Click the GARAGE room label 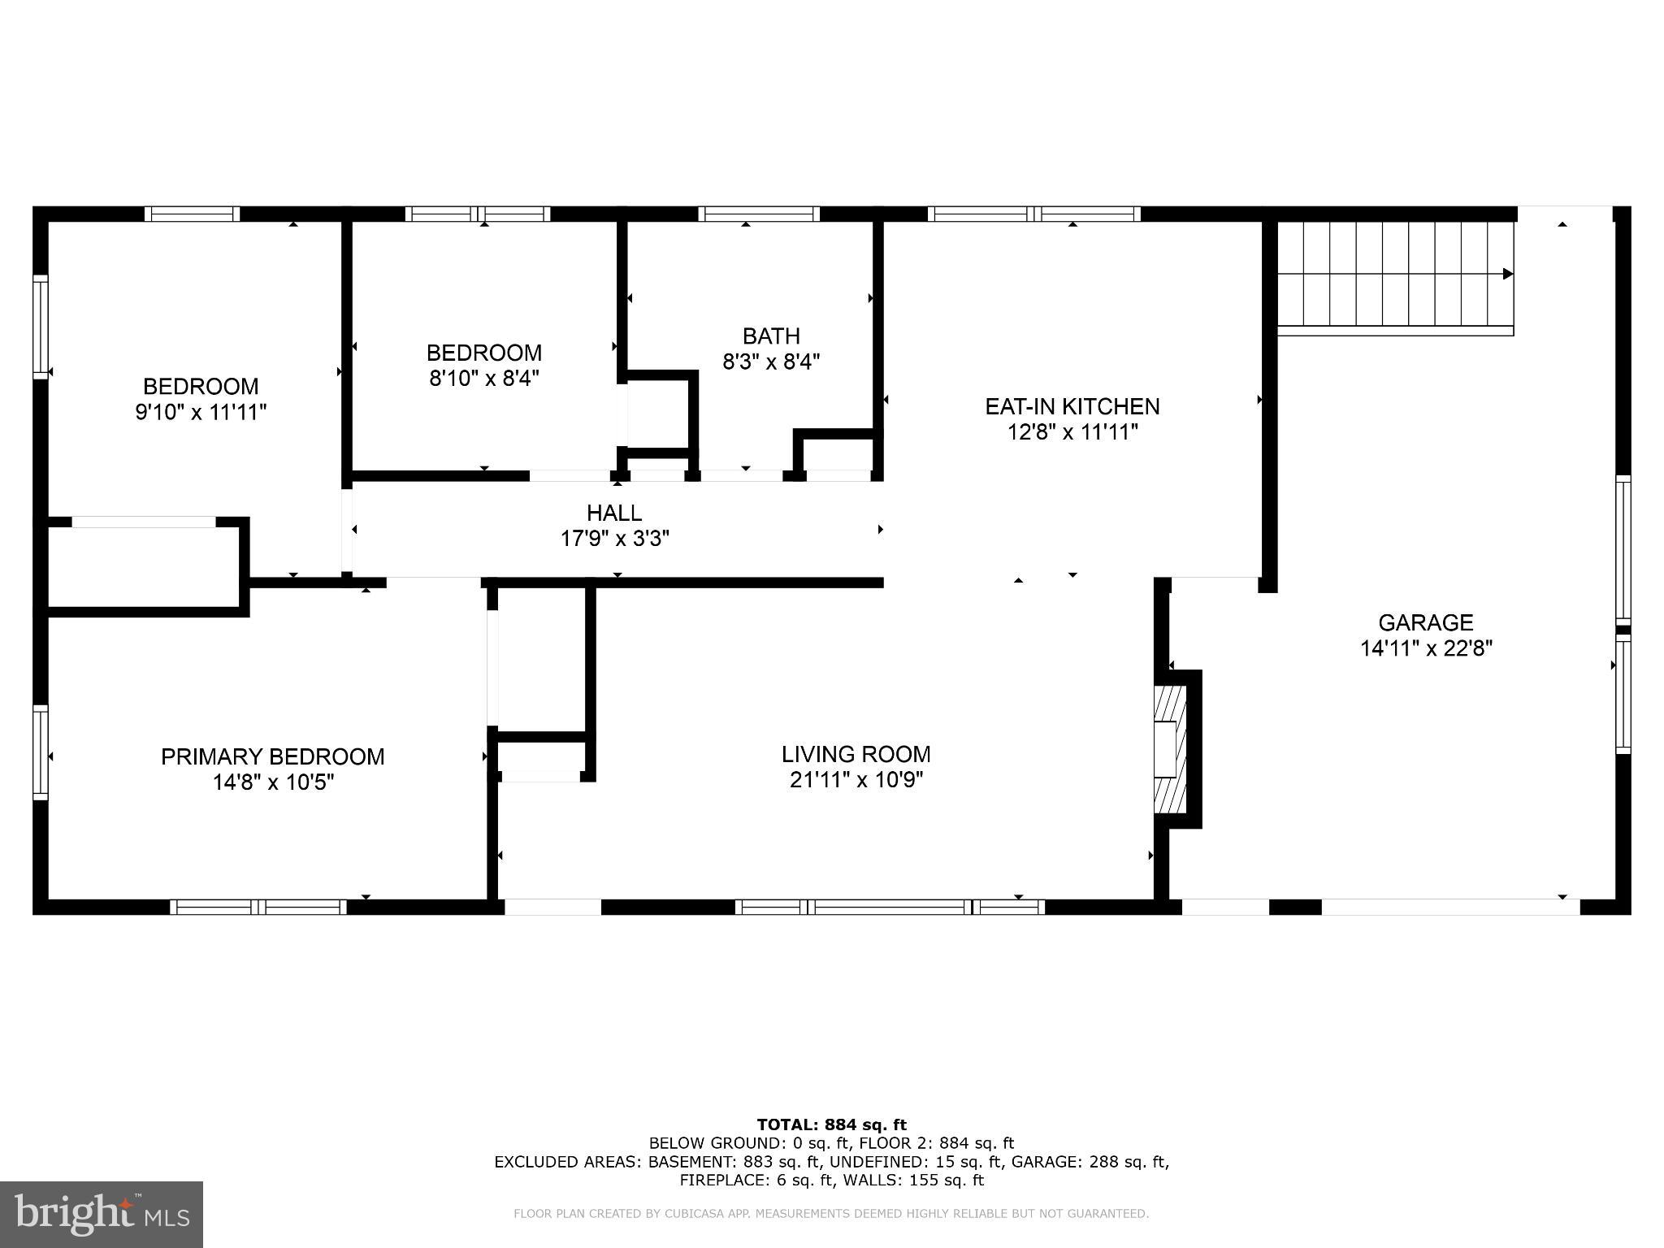(1425, 622)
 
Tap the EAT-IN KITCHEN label (1072, 406)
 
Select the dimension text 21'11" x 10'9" (856, 780)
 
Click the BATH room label (771, 336)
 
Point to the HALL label (614, 513)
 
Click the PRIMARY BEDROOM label (272, 756)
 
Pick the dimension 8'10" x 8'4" (484, 379)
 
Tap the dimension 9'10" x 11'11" (201, 413)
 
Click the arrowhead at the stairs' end (1508, 274)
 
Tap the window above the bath (758, 214)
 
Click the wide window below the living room (891, 907)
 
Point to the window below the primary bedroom (258, 907)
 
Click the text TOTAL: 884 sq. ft (831, 1125)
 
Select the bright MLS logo (102, 1214)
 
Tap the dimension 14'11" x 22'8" (1426, 648)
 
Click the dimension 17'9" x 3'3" (614, 539)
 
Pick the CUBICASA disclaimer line (830, 1214)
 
